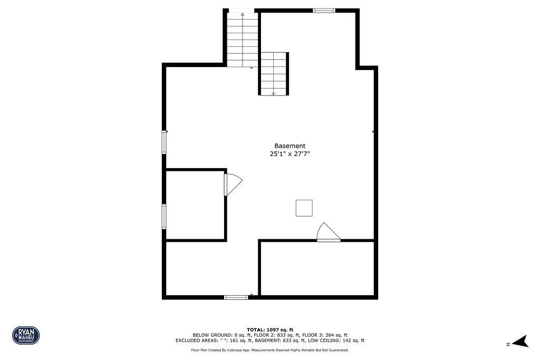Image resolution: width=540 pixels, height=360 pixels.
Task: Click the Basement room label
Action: pos(290,146)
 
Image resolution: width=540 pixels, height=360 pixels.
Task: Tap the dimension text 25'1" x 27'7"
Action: pos(290,154)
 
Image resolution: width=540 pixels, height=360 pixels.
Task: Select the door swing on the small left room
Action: pos(232,184)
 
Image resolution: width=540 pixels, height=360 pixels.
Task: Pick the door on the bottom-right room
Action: pos(327,233)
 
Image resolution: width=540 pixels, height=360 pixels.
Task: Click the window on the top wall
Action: pos(324,10)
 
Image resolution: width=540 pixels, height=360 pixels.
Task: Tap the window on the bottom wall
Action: pos(236,297)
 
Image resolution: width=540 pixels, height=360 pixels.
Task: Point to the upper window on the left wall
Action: pos(164,142)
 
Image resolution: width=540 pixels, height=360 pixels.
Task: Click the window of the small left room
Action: pos(164,216)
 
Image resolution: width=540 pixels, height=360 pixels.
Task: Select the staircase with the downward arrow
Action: pos(273,74)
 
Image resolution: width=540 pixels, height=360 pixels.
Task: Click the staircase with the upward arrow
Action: pos(243,40)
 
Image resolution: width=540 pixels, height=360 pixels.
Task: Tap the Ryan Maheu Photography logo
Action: pos(26,335)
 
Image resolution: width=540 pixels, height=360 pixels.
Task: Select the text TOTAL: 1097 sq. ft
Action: pos(269,329)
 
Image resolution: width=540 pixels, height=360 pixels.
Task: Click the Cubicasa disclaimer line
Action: pos(269,350)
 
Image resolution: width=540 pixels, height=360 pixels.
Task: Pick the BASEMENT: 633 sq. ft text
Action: pos(289,340)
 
